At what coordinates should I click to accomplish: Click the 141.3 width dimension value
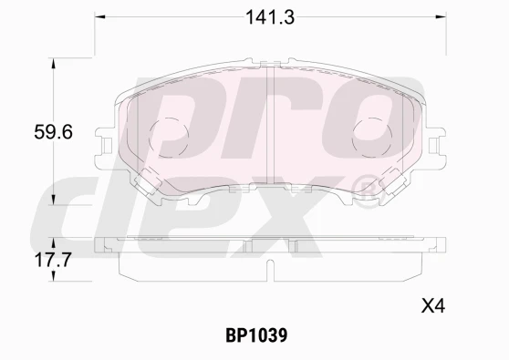click(270, 17)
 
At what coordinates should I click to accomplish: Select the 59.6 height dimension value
click(53, 132)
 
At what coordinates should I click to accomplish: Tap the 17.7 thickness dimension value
click(53, 260)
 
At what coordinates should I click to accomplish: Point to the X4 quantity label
click(433, 306)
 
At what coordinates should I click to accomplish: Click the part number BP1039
click(256, 335)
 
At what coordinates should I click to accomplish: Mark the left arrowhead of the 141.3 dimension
click(99, 16)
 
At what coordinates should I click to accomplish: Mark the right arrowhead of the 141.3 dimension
click(441, 16)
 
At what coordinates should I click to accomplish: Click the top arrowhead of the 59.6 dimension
click(54, 64)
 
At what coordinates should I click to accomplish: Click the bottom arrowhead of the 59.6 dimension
click(54, 200)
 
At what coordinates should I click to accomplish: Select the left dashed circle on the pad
click(169, 138)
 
